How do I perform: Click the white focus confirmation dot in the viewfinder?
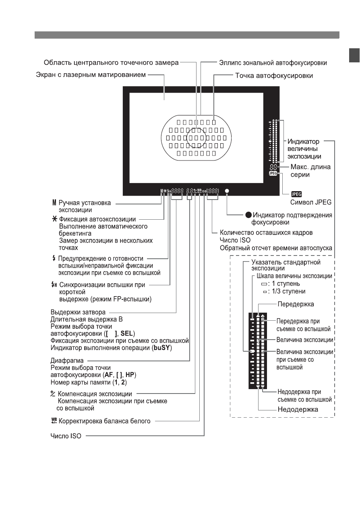(227, 191)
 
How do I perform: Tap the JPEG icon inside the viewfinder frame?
(273, 173)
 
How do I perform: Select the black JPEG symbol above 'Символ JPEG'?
(296, 194)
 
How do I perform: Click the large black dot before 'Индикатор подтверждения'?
(248, 215)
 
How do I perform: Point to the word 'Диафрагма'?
(67, 361)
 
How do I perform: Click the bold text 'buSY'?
(162, 348)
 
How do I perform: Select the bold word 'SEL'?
(127, 334)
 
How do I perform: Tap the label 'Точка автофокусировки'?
(274, 75)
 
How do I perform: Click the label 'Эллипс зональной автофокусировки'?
(273, 63)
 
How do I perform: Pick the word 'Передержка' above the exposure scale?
(296, 304)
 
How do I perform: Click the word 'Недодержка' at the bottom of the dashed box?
(298, 410)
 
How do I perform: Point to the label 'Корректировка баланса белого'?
(104, 421)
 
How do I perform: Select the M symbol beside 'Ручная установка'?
(54, 202)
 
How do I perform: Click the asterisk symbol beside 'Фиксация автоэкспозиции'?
(55, 219)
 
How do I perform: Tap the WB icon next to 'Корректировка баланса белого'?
(54, 421)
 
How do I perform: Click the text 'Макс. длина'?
(310, 167)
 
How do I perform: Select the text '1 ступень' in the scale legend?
(286, 284)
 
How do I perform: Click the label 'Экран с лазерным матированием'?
(91, 75)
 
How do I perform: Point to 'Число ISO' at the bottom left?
(66, 436)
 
